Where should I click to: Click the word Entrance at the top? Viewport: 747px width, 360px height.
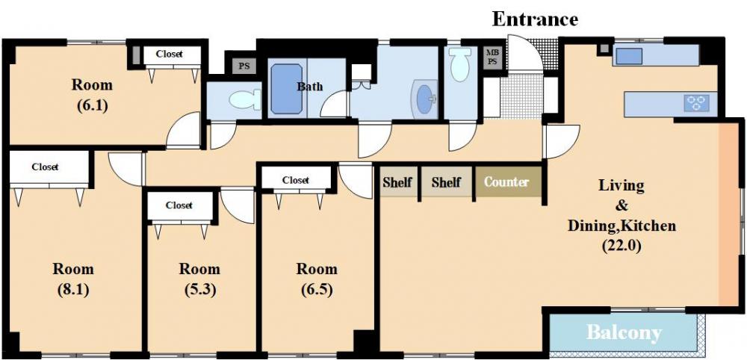(x=535, y=19)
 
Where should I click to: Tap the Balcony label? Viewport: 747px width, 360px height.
(x=624, y=332)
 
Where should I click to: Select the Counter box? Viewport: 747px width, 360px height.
(x=506, y=181)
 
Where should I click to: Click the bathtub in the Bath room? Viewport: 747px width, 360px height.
(x=287, y=89)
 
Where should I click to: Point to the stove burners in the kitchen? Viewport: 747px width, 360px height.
(x=696, y=103)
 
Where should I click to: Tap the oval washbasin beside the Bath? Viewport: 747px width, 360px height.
(x=425, y=99)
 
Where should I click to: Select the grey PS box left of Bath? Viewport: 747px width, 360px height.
(x=244, y=66)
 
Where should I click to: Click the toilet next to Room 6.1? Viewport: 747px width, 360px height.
(x=245, y=99)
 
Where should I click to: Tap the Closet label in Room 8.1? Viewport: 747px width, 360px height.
(x=46, y=167)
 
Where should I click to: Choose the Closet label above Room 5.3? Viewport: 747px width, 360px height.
(x=179, y=205)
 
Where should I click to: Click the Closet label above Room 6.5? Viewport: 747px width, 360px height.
(x=295, y=180)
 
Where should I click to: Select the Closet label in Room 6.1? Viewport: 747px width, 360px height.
(x=169, y=54)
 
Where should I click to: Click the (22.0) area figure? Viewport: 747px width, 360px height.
(x=622, y=246)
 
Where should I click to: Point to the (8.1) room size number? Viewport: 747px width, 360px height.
(x=73, y=290)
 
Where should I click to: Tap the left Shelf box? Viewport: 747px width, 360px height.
(x=397, y=181)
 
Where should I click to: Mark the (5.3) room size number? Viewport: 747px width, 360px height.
(x=199, y=290)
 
